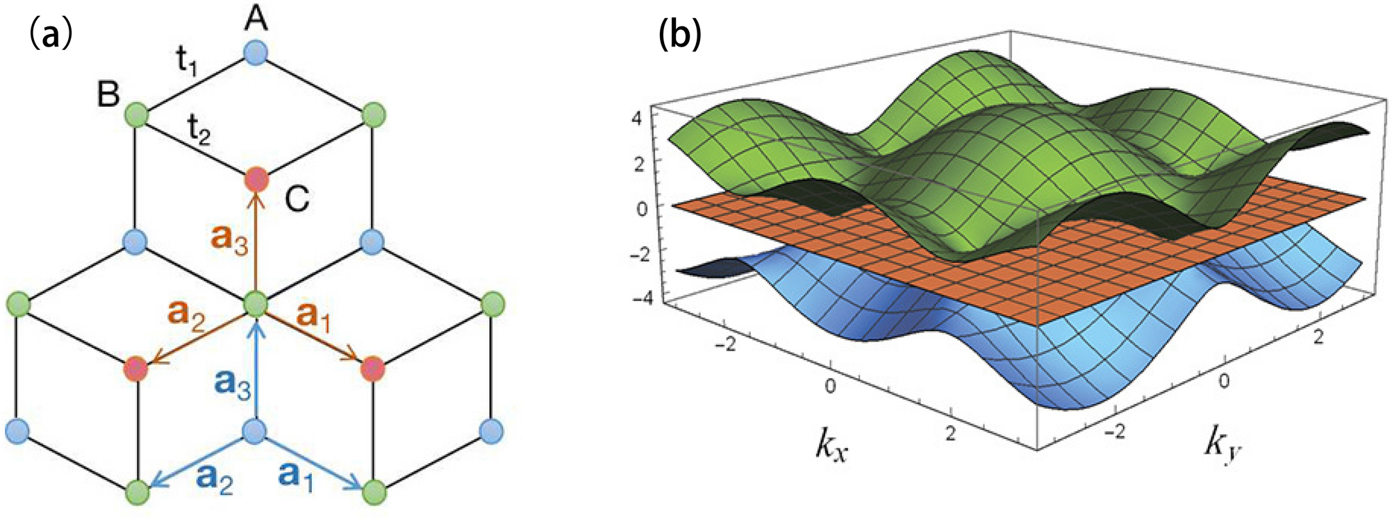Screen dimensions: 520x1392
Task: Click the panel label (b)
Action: [680, 33]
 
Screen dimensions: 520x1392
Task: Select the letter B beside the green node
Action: [108, 94]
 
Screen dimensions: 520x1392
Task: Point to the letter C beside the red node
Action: [297, 199]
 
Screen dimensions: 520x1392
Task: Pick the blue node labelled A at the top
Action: [256, 53]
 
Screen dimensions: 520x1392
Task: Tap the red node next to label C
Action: [256, 180]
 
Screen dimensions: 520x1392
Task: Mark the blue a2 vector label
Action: [215, 478]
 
